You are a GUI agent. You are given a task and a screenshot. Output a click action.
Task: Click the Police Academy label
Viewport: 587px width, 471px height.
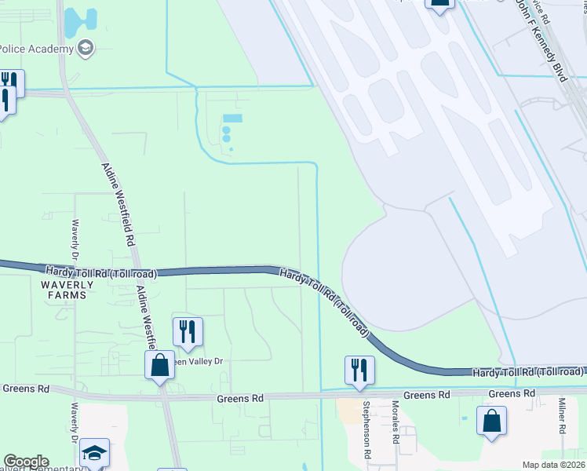(36, 49)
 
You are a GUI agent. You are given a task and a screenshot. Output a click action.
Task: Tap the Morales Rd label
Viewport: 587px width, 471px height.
(395, 424)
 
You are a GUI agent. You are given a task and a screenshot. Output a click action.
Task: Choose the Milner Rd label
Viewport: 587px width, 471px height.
(562, 417)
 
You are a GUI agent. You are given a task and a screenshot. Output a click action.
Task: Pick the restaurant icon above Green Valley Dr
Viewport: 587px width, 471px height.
(188, 331)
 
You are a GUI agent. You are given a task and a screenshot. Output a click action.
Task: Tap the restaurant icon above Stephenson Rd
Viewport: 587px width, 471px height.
(359, 370)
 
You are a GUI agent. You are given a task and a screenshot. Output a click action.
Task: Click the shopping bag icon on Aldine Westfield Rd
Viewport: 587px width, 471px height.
(160, 365)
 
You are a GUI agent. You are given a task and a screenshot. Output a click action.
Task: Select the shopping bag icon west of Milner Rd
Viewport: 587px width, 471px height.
(491, 422)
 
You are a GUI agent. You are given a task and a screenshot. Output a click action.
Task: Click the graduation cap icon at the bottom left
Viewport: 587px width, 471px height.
(94, 453)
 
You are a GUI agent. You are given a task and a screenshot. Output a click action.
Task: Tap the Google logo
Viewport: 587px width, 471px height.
(26, 462)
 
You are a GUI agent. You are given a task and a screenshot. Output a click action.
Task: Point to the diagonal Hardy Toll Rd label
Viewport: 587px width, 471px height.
(325, 301)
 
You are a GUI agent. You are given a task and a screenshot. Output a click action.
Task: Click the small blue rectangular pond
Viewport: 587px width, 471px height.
(232, 119)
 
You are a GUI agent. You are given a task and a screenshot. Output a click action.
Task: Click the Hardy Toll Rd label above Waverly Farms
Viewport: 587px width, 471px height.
(100, 272)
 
